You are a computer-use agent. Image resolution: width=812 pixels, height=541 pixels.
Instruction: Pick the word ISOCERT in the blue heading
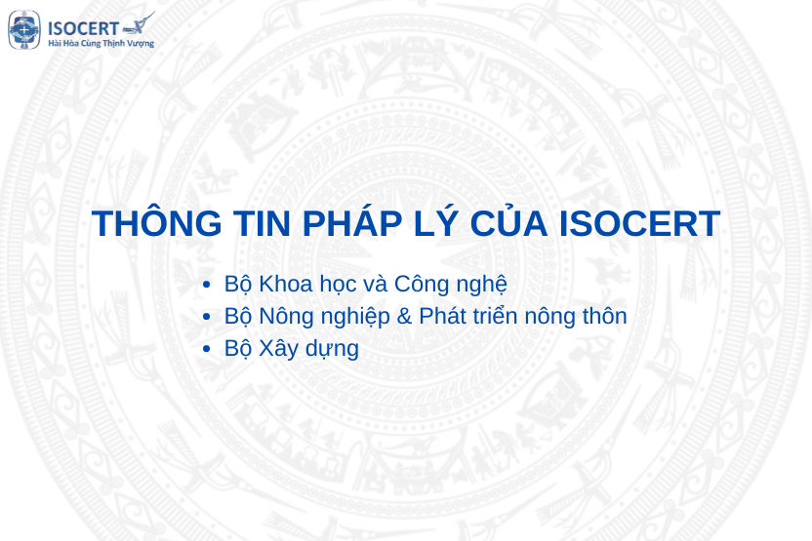tap(640, 224)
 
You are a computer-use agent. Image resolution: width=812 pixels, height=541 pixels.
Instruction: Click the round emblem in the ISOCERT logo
tap(24, 30)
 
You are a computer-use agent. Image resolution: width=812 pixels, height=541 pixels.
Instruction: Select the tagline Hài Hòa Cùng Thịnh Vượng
tap(101, 44)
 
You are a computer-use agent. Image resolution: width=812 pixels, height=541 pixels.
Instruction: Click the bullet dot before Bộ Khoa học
tap(206, 285)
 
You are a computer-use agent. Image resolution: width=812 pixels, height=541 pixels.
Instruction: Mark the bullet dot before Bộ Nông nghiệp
tap(206, 317)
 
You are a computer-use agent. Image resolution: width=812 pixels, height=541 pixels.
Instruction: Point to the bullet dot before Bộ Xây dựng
tap(206, 349)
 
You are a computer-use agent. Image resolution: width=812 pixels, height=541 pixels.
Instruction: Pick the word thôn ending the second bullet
tap(601, 316)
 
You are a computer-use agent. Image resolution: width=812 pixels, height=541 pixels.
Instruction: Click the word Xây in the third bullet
tap(279, 349)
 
